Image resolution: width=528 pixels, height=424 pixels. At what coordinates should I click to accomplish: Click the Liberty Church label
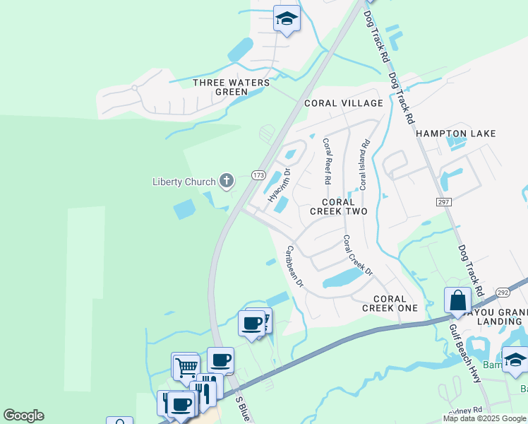click(184, 182)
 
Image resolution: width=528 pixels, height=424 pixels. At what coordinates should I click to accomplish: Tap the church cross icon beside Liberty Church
click(227, 182)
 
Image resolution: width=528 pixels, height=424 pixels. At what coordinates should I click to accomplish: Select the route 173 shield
click(258, 175)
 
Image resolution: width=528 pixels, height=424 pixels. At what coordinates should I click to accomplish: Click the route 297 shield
click(443, 202)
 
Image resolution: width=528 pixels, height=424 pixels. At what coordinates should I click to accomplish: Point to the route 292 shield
click(502, 291)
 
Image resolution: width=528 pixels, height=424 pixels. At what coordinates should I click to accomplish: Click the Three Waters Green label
click(232, 87)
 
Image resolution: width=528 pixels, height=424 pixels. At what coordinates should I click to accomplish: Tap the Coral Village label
click(343, 103)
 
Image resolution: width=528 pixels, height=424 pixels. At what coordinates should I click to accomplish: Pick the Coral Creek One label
click(390, 303)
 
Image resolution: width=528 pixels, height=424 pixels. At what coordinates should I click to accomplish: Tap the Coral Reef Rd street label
click(327, 160)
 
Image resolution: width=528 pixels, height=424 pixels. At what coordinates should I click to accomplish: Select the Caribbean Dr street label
click(294, 266)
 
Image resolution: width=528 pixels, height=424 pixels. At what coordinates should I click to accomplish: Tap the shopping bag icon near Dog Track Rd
click(457, 300)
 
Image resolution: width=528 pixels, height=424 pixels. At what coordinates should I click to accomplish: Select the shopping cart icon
click(185, 366)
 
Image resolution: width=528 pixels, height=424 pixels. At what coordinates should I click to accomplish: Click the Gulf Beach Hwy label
click(469, 351)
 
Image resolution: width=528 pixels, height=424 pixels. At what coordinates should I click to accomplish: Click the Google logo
click(23, 416)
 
